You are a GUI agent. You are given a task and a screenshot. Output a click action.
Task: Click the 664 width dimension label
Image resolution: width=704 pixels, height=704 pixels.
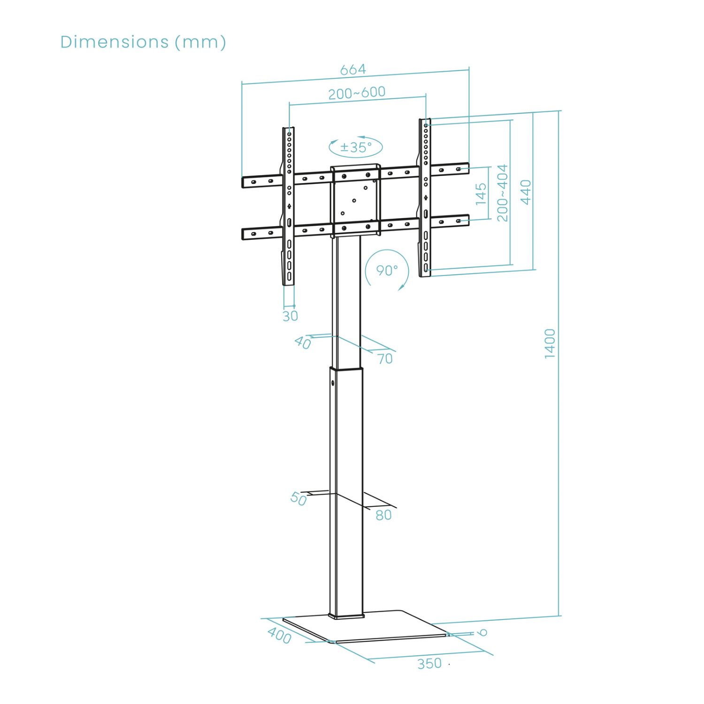(353, 69)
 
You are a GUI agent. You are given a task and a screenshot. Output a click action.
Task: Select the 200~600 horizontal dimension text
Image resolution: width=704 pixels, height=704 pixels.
(357, 92)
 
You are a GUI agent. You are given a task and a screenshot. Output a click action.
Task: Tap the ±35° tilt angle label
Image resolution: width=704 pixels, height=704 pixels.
(356, 147)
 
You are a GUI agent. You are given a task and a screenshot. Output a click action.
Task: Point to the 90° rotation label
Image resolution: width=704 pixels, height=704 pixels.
(387, 270)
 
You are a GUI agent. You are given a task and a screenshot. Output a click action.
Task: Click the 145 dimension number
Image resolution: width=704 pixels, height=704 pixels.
(481, 194)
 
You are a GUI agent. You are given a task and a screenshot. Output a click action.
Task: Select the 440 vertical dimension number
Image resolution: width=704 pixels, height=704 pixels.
(527, 192)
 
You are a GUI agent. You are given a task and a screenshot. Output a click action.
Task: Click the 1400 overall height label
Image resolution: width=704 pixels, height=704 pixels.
(550, 344)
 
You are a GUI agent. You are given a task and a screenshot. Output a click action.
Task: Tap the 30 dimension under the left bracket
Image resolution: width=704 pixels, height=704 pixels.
(291, 316)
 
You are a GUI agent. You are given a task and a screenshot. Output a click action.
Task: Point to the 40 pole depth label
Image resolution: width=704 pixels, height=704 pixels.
(303, 343)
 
